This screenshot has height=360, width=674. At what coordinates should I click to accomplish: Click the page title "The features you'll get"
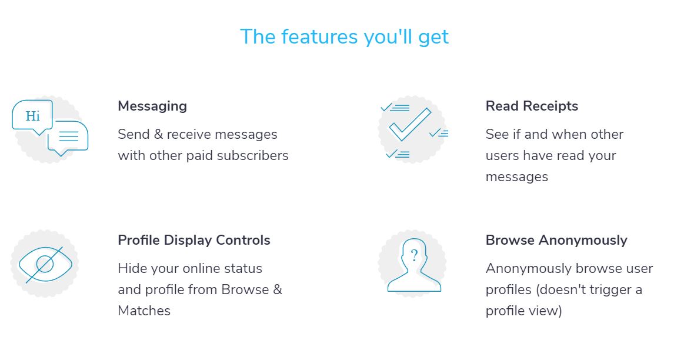[344, 37]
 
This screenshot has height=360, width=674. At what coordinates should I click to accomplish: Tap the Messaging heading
[152, 106]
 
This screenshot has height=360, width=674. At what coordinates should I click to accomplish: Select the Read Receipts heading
[532, 106]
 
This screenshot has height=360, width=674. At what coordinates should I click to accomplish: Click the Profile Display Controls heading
[194, 240]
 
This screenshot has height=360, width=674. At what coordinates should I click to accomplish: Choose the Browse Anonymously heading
[556, 240]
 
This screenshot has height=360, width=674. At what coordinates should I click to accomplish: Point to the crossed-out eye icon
[45, 265]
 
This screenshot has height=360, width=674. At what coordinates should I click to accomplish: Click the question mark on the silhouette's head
[414, 255]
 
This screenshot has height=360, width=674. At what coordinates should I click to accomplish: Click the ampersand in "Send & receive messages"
[159, 134]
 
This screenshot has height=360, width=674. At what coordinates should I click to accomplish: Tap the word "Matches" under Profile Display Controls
[144, 311]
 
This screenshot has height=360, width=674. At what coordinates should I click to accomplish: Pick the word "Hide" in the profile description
[132, 268]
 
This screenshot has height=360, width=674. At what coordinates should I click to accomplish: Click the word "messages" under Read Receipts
[517, 177]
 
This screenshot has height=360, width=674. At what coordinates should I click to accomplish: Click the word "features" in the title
[319, 37]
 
